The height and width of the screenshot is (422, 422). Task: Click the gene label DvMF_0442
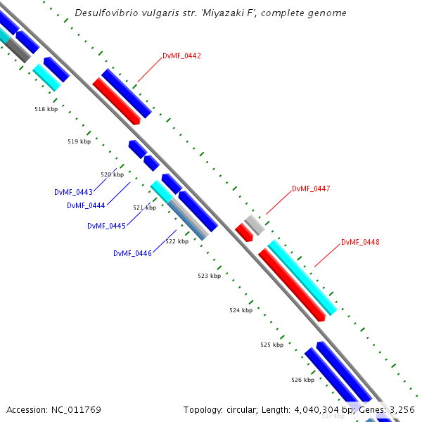[181, 56]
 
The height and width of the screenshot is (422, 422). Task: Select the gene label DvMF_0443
[74, 192]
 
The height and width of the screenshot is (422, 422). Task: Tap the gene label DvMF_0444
[86, 205]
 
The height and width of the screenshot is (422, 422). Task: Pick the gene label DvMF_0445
[106, 226]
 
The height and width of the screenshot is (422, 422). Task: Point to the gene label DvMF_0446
[132, 253]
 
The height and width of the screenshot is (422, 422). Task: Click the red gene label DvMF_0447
[311, 188]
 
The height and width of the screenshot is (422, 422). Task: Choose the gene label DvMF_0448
[360, 242]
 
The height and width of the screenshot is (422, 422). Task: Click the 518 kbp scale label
[46, 109]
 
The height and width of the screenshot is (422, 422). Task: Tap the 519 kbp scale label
[79, 141]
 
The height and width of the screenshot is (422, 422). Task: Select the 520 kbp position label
[112, 174]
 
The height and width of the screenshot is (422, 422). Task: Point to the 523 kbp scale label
[209, 276]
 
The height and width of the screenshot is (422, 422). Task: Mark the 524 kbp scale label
[241, 310]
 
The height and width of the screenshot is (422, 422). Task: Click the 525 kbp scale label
[271, 345]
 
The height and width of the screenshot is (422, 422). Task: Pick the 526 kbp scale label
[302, 380]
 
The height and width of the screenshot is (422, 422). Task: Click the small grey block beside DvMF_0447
[255, 224]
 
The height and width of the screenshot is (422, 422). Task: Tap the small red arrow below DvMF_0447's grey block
[244, 233]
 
